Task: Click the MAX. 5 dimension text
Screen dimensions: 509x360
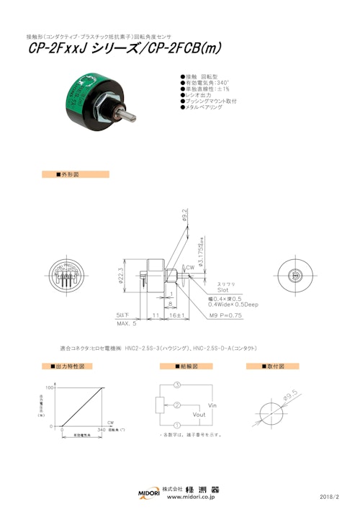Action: click(x=126, y=323)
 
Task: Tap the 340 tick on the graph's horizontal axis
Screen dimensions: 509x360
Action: click(x=101, y=431)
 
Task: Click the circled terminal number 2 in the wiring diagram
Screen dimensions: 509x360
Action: click(x=176, y=405)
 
